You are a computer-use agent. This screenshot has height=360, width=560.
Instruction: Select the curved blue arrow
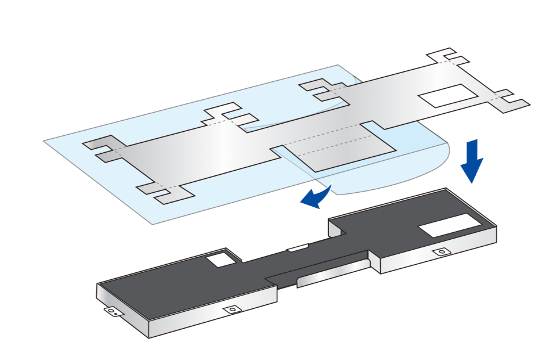316,197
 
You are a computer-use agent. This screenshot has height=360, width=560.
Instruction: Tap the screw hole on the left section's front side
233,309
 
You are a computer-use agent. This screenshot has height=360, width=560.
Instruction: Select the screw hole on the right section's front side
442,252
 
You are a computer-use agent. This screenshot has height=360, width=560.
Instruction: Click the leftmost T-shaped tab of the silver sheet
102,149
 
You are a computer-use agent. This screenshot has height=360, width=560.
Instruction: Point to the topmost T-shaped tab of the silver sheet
447,57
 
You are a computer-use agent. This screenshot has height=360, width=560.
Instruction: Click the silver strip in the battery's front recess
331,275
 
